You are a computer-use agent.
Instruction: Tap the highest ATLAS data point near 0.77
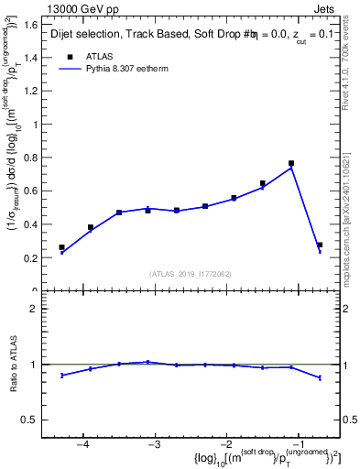(x=291, y=164)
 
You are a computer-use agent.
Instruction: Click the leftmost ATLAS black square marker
(x=61, y=247)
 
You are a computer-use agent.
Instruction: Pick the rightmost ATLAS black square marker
(x=319, y=245)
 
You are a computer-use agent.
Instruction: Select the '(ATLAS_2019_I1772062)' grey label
(x=191, y=273)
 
